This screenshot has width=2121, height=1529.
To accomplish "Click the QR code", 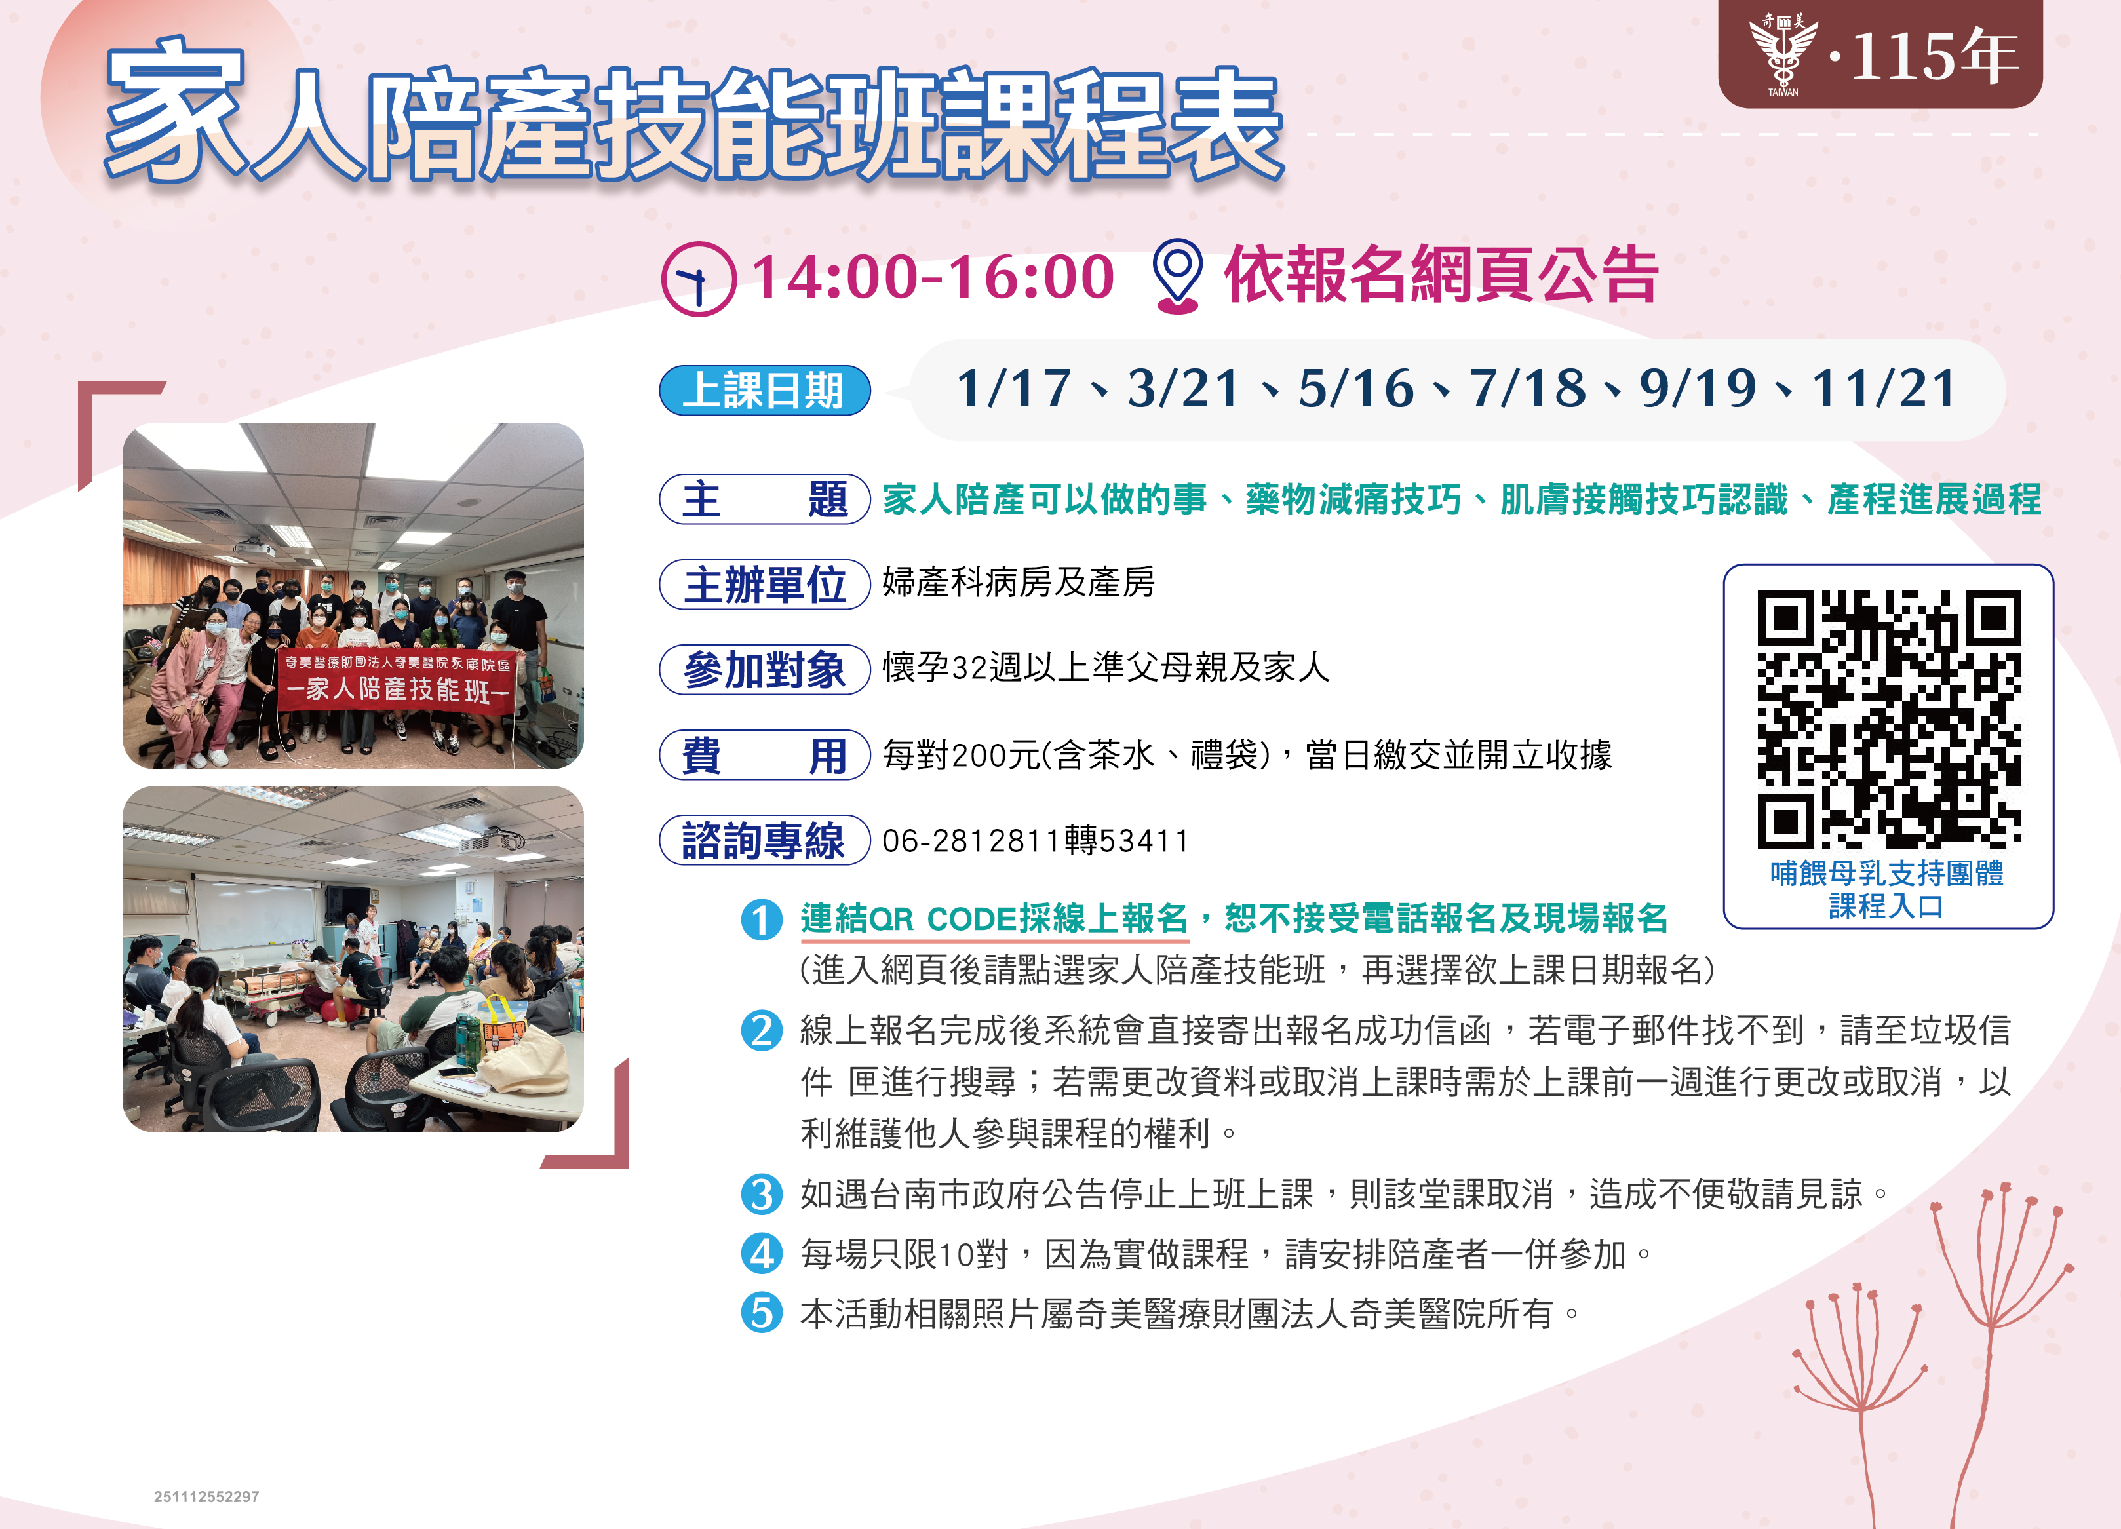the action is (1888, 718).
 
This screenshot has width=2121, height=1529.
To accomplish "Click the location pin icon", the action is (1177, 276).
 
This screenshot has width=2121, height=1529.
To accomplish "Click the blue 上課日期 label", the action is (765, 390).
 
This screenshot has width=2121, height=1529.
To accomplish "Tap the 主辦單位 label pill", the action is (765, 585).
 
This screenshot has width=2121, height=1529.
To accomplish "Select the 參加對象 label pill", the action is (765, 670).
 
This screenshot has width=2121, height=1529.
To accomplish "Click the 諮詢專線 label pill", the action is (765, 840).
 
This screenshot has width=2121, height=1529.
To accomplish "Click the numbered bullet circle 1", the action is (761, 919).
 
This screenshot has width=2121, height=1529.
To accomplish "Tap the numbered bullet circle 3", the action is (761, 1194).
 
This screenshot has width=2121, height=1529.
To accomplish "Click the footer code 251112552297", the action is (206, 1496).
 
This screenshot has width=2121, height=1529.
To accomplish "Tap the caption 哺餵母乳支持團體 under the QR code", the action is (1886, 872).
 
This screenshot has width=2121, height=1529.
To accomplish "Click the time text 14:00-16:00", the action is (933, 278).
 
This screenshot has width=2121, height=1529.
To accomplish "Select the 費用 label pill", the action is (765, 755).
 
